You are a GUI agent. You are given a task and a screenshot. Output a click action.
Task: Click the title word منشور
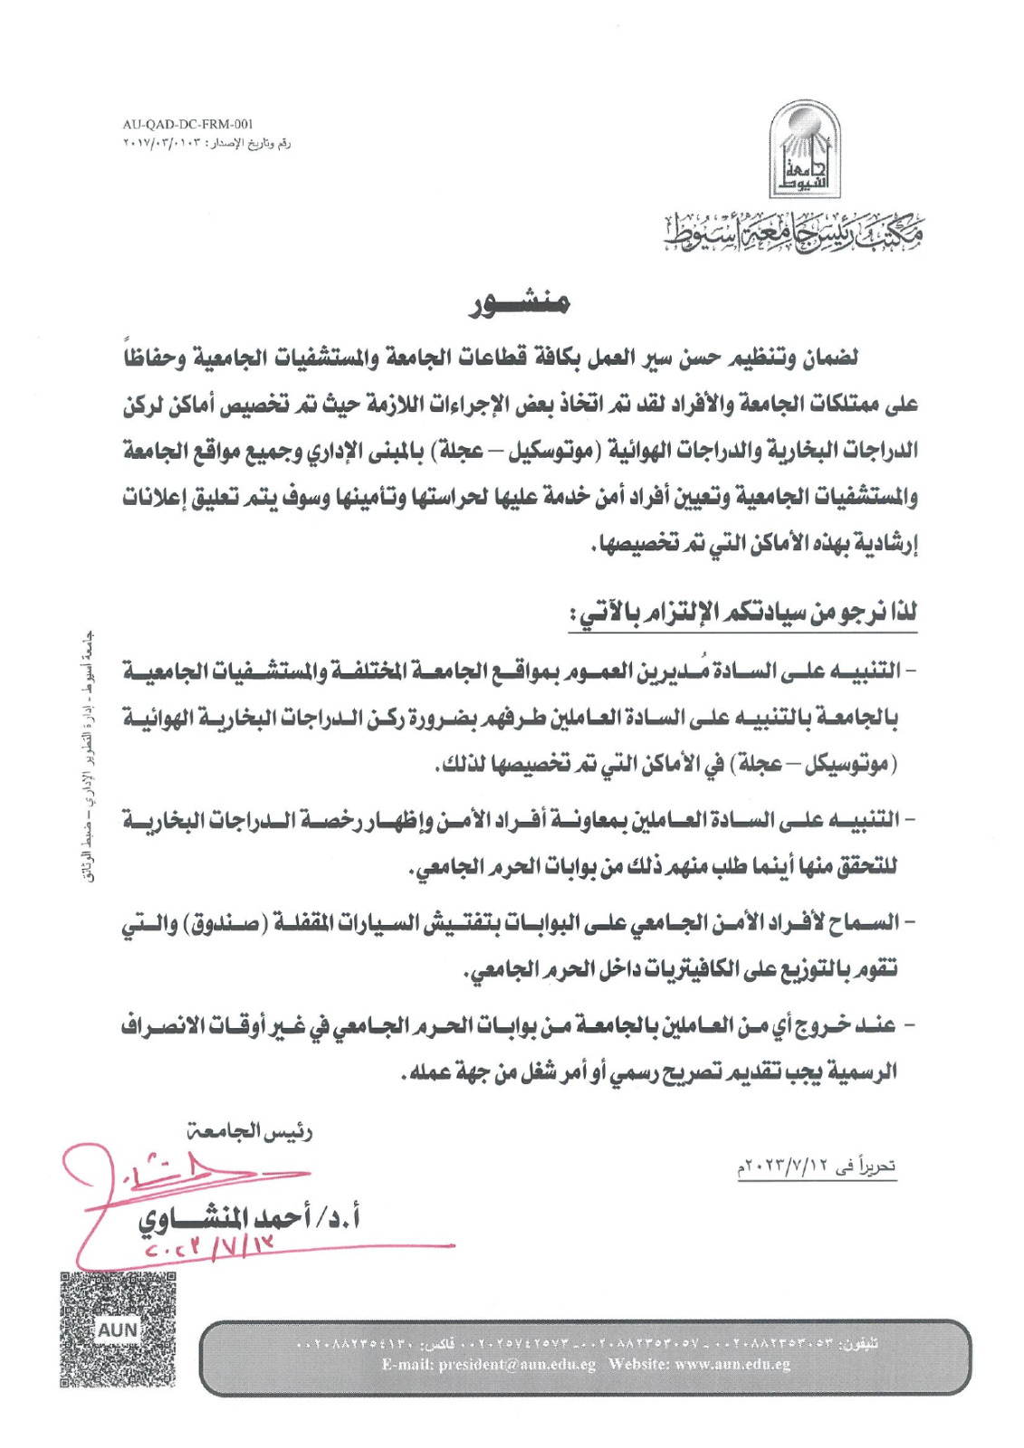tap(520, 306)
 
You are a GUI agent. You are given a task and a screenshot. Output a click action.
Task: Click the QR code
tap(117, 1329)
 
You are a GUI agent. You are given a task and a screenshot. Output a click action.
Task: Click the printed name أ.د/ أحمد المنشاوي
tap(249, 1220)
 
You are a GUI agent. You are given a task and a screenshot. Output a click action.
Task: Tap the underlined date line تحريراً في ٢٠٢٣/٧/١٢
tap(816, 1167)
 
